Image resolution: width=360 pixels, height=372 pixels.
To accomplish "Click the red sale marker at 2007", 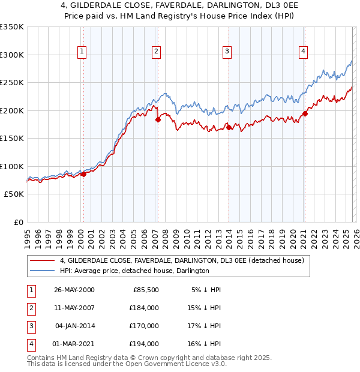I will point(158,119).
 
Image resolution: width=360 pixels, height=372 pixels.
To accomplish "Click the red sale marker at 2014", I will point(229,127).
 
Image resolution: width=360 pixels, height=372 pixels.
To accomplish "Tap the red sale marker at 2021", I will point(305,113).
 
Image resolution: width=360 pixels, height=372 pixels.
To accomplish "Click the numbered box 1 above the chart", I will point(82,52).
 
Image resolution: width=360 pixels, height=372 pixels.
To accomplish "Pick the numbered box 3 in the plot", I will point(227,52).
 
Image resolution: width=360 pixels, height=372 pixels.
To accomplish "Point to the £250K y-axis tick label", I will point(11,82).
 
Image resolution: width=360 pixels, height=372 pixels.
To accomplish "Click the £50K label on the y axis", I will point(14,194).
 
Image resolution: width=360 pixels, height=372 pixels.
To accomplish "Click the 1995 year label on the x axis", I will point(28,234).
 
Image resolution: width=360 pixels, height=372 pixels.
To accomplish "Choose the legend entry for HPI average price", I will point(134,271).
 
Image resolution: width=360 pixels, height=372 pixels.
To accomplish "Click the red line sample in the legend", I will point(42,260).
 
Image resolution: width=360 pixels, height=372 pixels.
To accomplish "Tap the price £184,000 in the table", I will point(145,308).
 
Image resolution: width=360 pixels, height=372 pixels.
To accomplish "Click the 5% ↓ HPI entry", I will point(206,290).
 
